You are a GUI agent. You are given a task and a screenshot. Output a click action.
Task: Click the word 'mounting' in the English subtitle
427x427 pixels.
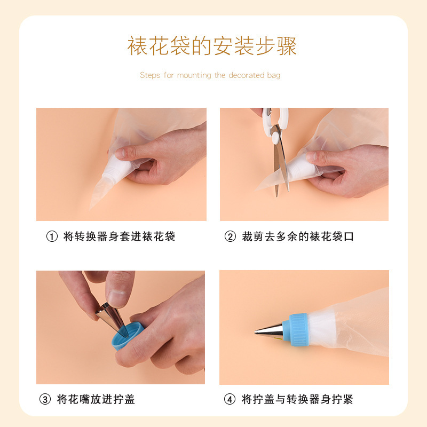coord(194,75)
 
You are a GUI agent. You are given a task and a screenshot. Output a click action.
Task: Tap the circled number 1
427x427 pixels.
coord(52,236)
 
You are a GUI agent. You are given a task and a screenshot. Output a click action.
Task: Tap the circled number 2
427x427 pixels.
coord(230,236)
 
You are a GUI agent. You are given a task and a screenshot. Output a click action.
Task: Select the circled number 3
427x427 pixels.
coord(45,399)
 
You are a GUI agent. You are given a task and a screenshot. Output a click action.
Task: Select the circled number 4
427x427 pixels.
coord(230,399)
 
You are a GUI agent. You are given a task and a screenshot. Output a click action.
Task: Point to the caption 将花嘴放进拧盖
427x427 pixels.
coord(96,399)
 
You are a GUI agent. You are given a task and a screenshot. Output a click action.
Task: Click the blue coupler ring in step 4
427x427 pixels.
coord(297,327)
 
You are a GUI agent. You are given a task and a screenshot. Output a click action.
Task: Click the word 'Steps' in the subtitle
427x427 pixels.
coord(149,75)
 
